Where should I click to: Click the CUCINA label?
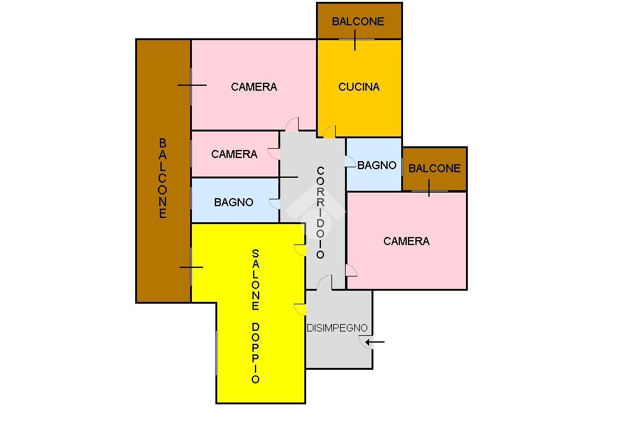(x=359, y=87)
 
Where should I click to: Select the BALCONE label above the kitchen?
(x=358, y=22)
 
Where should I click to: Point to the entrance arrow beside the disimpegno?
(x=375, y=341)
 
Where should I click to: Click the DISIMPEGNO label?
(x=337, y=328)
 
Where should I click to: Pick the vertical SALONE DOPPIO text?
(x=256, y=316)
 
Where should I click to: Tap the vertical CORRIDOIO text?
(x=320, y=212)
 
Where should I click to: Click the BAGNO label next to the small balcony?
(x=376, y=165)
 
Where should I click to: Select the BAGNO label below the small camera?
(x=233, y=202)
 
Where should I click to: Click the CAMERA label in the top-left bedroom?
(x=254, y=87)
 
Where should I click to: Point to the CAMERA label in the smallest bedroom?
(x=234, y=154)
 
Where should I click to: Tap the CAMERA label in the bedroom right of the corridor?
(x=406, y=241)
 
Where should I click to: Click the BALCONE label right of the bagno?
(x=434, y=168)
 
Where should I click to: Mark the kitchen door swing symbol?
(x=330, y=131)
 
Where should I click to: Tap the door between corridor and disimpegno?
(x=324, y=283)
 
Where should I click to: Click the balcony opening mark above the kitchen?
(x=355, y=40)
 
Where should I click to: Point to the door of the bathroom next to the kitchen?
(x=350, y=162)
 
